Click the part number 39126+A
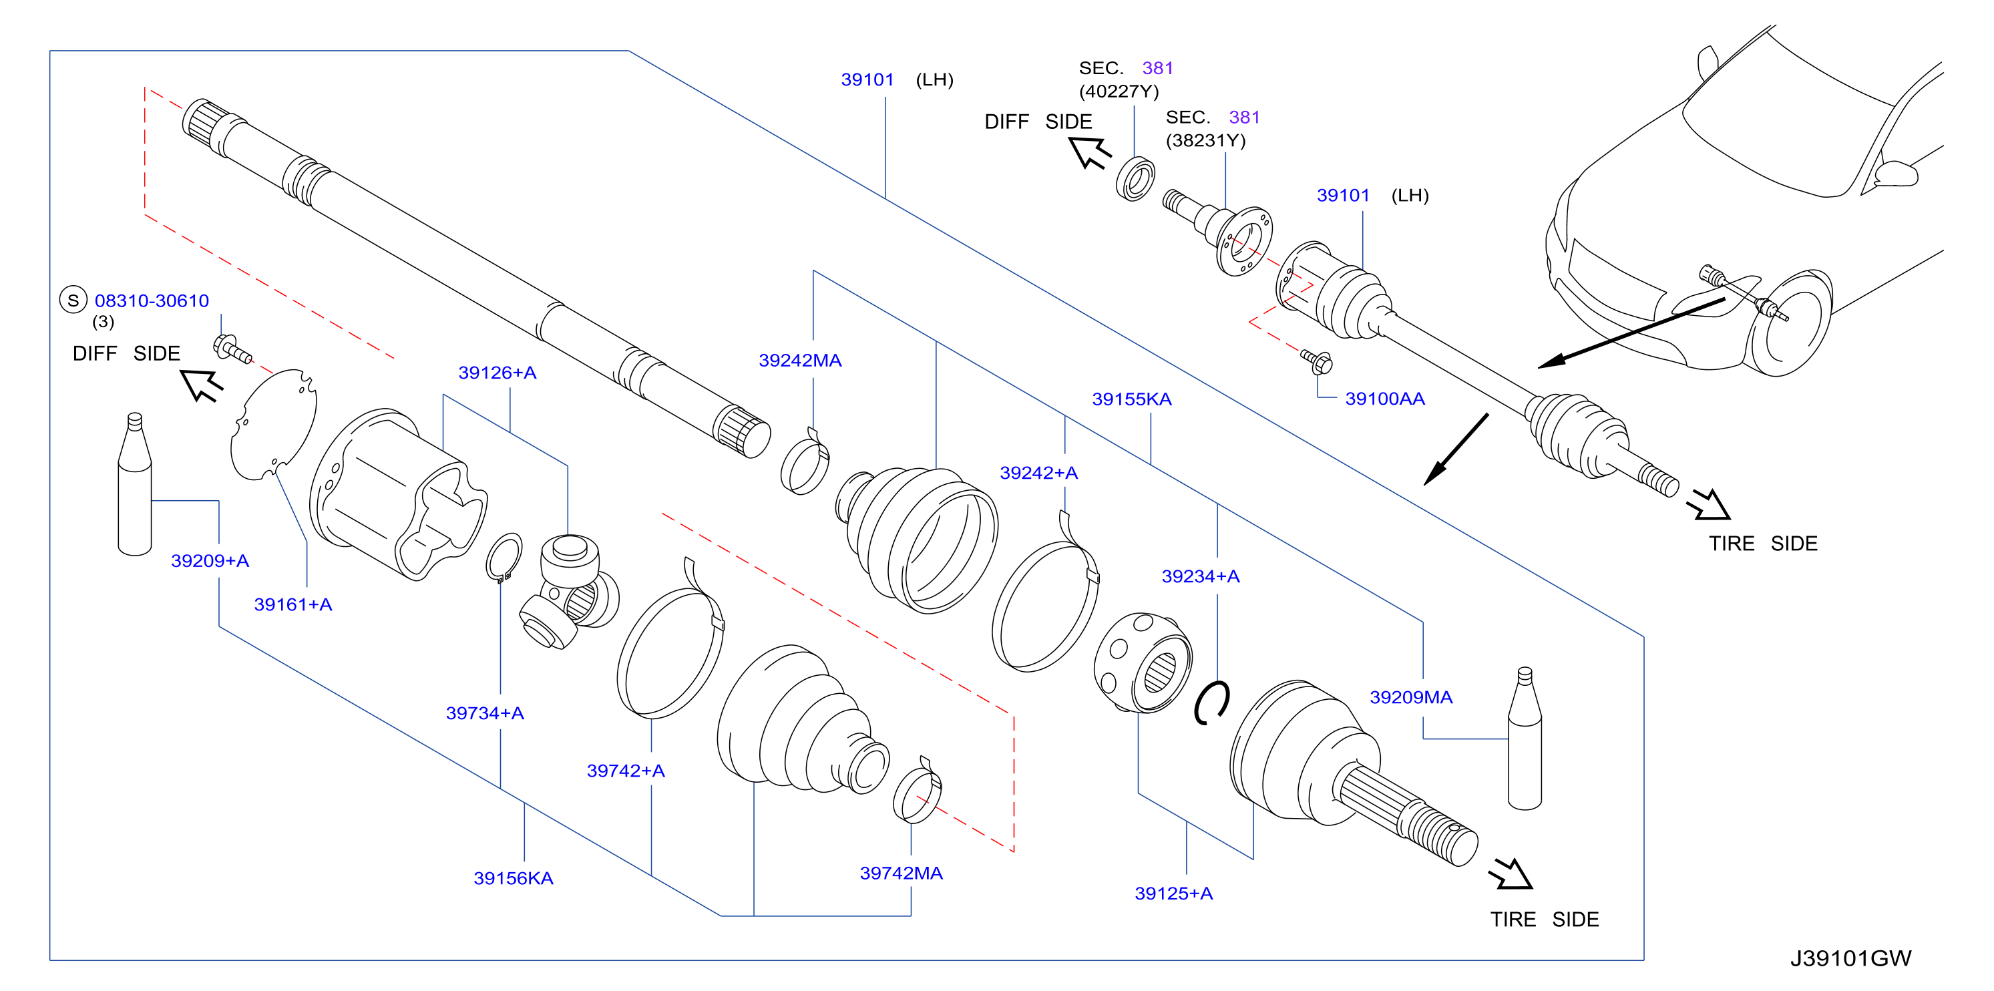(x=497, y=373)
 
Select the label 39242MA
(x=799, y=360)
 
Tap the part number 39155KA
(x=1132, y=399)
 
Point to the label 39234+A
(x=1201, y=576)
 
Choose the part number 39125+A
(x=1173, y=894)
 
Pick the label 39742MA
(x=901, y=873)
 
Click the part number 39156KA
(x=514, y=878)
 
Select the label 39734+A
(x=485, y=713)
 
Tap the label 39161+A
(x=292, y=604)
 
